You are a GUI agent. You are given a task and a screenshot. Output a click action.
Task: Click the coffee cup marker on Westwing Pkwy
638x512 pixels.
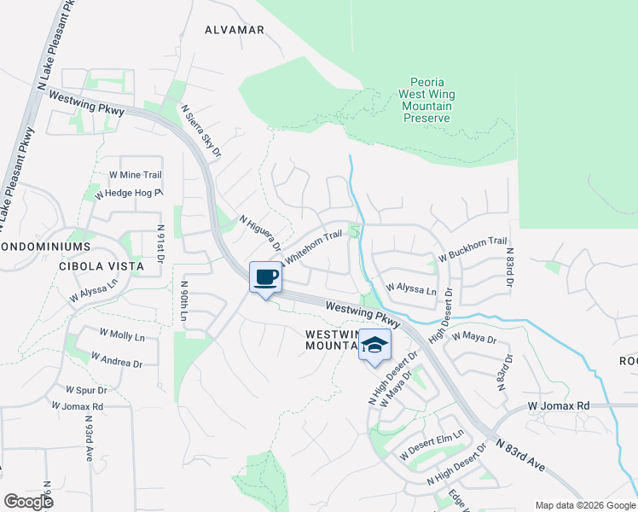[x=265, y=277]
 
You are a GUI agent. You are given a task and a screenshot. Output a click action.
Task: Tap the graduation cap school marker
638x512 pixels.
[x=374, y=346]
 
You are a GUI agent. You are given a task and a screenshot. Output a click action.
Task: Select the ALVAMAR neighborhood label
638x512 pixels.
[x=235, y=29]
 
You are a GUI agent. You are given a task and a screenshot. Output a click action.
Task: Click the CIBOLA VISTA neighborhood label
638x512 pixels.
[x=98, y=266]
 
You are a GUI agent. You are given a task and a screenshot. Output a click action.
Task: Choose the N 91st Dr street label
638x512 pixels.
[x=160, y=247]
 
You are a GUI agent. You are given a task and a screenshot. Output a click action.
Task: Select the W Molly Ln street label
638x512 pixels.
[x=122, y=337]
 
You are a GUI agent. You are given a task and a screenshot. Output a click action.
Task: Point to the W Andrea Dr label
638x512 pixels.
[x=116, y=360]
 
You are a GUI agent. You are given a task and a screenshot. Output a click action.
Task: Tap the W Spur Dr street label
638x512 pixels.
[x=78, y=390]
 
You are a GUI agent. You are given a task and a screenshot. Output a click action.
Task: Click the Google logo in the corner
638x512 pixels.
[x=28, y=502]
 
